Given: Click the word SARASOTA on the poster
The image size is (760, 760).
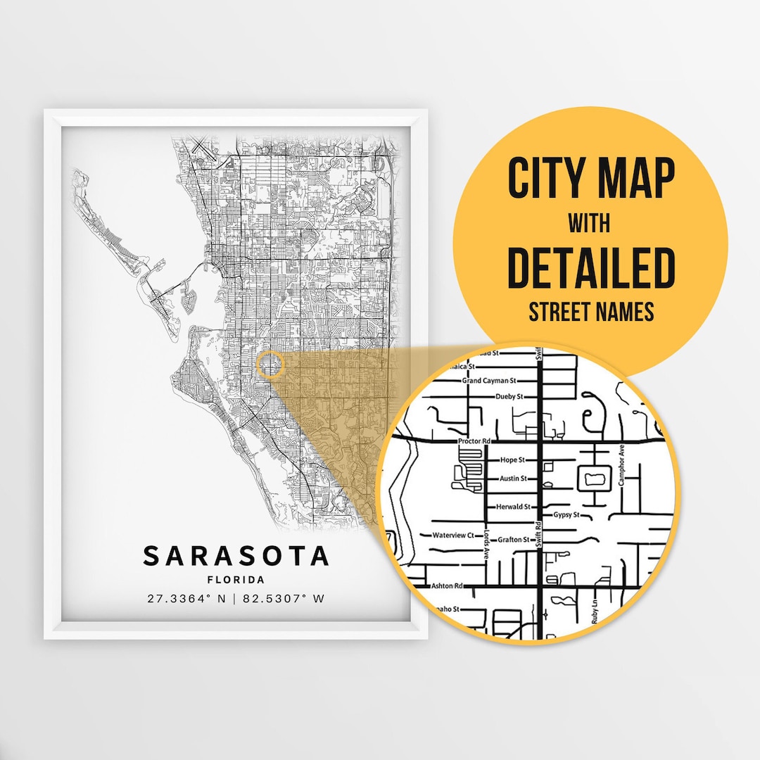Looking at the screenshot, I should pos(236,556).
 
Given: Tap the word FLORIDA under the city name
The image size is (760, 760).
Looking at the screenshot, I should pos(236,581).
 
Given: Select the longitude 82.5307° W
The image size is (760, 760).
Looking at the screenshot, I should pos(284,600).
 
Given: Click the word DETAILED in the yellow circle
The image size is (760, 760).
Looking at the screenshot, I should pos(590,268).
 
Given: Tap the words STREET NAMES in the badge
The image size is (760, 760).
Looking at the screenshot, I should pos(591,312).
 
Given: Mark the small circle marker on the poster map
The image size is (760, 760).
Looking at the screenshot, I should pos(270,365).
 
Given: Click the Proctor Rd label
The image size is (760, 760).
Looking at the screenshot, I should pos(472,441).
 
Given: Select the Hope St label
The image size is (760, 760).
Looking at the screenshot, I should pos(512,460).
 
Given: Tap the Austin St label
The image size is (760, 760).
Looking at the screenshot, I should pos(513,479).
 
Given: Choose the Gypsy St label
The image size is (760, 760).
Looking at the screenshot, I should pos(566,515).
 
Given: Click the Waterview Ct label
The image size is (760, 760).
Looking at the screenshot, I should pos(455,536).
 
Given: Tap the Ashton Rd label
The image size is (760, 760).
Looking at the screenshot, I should pos(447,585).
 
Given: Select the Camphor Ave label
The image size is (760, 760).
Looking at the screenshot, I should pos(621,466).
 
